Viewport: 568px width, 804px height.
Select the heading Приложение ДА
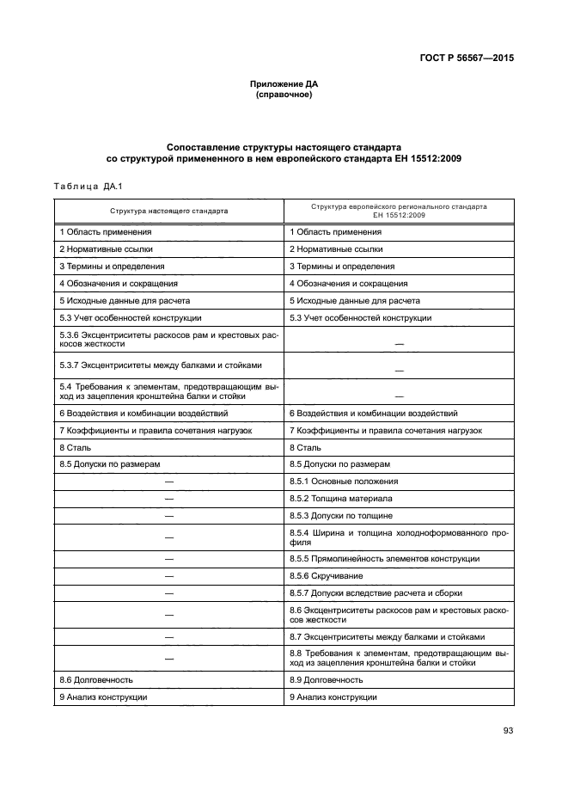pyautogui.click(x=284, y=83)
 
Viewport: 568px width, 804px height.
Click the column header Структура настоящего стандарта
pyautogui.click(x=168, y=210)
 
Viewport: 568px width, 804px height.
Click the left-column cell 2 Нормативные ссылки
pyautogui.click(x=107, y=249)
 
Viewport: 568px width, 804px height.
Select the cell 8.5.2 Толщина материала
pyautogui.click(x=341, y=499)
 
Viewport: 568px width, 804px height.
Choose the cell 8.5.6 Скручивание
pyautogui.click(x=327, y=575)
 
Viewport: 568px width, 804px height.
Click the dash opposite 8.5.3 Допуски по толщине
pyautogui.click(x=168, y=516)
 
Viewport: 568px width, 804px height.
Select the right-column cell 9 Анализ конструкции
pyautogui.click(x=333, y=697)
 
